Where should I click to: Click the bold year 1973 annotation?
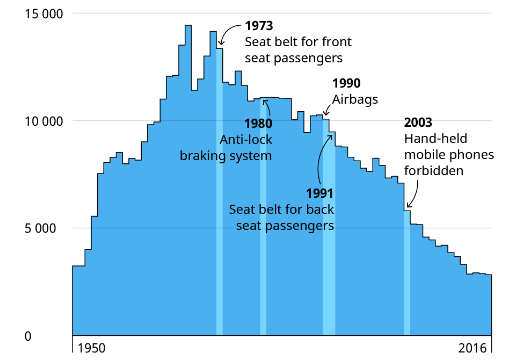click(259, 25)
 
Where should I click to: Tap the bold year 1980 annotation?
click(258, 124)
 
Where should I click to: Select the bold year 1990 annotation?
click(346, 83)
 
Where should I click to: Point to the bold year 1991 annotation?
click(320, 193)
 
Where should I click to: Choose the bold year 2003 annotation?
click(418, 123)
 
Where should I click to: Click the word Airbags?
click(355, 99)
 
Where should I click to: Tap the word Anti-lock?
click(246, 140)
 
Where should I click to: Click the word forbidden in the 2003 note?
click(433, 171)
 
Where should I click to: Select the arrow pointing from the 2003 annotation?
click(415, 193)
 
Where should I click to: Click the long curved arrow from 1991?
click(321, 161)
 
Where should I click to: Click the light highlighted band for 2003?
click(407, 274)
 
